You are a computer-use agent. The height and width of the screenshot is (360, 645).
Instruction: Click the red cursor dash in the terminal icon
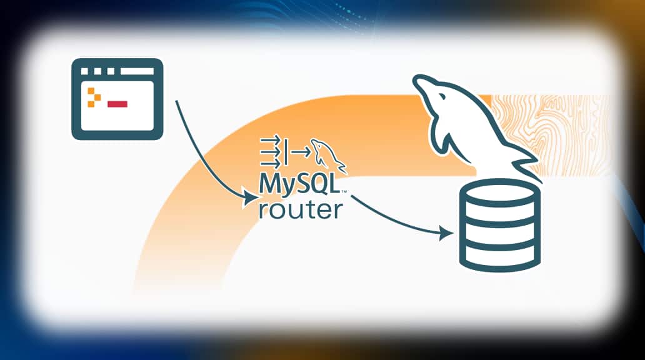pos(117,104)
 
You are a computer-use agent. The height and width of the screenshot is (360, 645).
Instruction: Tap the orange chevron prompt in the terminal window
pos(94,97)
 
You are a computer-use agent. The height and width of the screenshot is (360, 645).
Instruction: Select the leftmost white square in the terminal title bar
pos(85,71)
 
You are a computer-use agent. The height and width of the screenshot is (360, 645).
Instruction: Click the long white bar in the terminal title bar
pos(137,71)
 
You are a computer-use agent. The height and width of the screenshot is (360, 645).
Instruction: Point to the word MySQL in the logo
pos(299,185)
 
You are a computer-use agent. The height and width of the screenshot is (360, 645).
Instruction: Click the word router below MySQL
pos(300,209)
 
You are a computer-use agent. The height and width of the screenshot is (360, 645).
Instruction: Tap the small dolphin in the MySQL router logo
pos(329,156)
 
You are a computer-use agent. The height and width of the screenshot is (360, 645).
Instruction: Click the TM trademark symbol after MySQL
pos(344,191)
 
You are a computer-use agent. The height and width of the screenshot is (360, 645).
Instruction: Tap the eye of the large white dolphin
pos(442,97)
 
